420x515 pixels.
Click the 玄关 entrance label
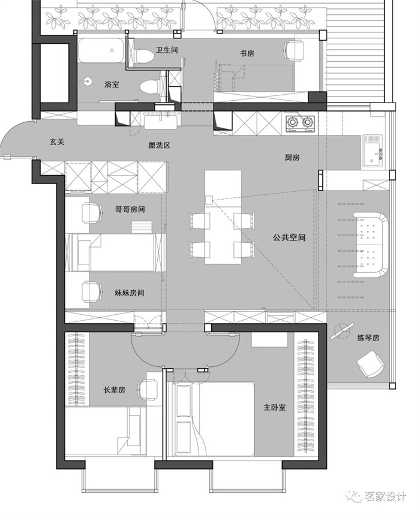pos(57,142)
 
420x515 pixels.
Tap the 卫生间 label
pos(167,50)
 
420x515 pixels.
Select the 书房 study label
pos(247,53)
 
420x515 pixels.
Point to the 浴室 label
pos(112,85)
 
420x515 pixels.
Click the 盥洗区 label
pos(159,145)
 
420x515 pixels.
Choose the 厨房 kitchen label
pos(292,157)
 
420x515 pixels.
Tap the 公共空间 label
pos(289,237)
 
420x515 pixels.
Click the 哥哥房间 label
pos(130,209)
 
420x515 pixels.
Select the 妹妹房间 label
pos(130,293)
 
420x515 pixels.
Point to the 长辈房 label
pos(115,390)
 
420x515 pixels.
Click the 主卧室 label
pos(274,407)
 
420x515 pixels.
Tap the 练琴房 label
pos(368,338)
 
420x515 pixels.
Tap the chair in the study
pos(294,50)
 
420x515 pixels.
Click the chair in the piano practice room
pos(370,364)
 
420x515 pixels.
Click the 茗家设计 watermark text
pos(385,496)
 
